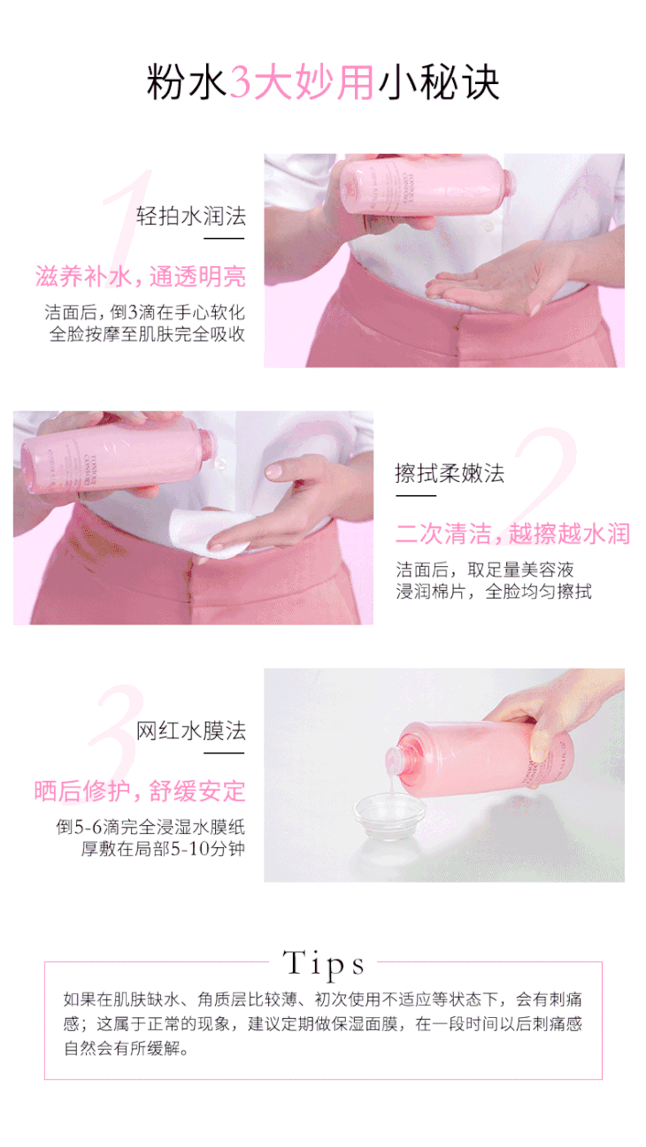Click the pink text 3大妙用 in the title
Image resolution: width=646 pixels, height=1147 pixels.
point(301,82)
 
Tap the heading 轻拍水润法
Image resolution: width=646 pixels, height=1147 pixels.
point(191,216)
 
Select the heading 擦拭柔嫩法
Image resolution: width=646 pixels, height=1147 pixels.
point(450,472)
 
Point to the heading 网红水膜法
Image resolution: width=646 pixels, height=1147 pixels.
point(191,730)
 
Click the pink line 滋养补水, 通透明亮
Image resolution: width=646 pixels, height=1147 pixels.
point(141,277)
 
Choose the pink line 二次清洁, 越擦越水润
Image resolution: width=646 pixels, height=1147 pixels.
point(512,533)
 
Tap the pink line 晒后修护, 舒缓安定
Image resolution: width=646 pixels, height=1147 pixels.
point(140,791)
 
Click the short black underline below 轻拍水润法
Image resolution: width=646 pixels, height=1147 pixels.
point(224,239)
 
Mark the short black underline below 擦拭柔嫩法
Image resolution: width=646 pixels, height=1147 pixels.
point(415,495)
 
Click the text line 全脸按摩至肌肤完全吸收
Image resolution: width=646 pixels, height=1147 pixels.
point(147,334)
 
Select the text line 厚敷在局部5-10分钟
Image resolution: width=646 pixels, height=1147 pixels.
point(163,848)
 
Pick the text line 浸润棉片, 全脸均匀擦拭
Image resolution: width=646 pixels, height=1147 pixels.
point(494,592)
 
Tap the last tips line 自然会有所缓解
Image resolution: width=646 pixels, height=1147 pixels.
point(126,1048)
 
